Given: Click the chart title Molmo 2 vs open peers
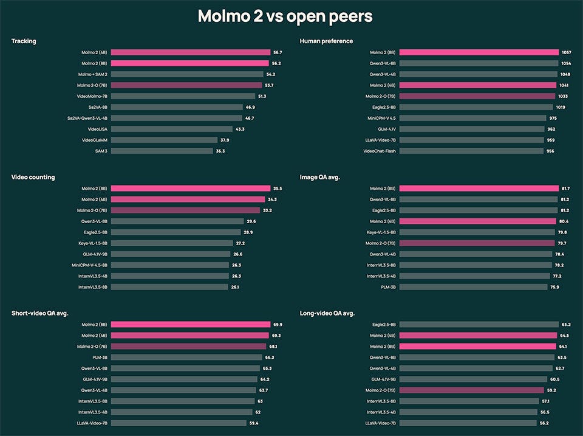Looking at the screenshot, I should click(x=285, y=16).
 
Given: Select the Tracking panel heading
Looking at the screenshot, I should click(x=24, y=41).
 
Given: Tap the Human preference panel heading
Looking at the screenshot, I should click(x=326, y=41).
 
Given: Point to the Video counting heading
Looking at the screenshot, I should click(x=33, y=177).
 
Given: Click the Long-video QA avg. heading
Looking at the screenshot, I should click(x=327, y=313).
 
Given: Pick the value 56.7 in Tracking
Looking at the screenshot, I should click(x=278, y=53).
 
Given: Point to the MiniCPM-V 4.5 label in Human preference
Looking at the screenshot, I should click(x=381, y=118).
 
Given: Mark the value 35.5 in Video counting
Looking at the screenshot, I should click(x=278, y=189).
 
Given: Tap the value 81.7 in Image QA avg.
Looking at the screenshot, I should click(x=565, y=189).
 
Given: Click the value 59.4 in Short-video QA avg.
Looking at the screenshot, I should click(x=254, y=423).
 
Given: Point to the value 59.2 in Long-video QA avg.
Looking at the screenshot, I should click(x=552, y=390).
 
